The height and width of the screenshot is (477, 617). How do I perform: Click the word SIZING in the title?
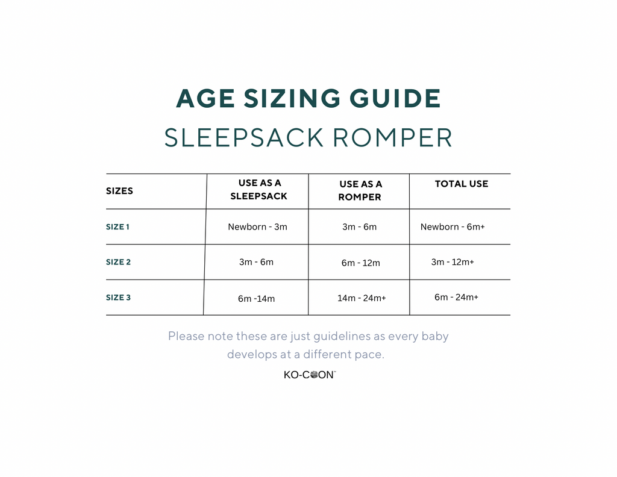tap(292, 98)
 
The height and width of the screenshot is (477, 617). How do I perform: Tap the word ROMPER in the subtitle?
tap(393, 138)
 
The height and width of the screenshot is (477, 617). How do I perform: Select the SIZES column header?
tap(119, 191)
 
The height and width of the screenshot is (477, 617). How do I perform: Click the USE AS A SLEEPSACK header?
tap(259, 190)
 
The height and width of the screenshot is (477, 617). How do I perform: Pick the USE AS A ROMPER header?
tap(360, 190)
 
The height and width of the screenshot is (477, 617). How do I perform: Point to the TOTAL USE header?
tap(461, 184)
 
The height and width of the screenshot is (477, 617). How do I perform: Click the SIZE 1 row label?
tap(117, 227)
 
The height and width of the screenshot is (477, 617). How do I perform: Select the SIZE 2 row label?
tap(118, 262)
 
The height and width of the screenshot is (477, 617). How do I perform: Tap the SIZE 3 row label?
tap(118, 298)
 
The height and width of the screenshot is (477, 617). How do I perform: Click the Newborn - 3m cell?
tap(257, 227)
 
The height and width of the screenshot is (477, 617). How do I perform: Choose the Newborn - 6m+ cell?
tap(453, 227)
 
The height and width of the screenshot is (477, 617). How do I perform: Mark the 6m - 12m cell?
tap(360, 263)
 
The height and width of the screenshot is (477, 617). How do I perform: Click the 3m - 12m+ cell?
tap(453, 262)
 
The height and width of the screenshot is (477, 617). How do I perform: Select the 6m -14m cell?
tap(256, 299)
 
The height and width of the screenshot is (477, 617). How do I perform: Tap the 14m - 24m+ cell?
tap(362, 298)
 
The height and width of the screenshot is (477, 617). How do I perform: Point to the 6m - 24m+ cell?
tap(457, 297)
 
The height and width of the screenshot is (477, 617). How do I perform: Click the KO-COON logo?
tap(310, 375)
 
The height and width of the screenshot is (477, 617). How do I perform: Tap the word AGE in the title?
tap(205, 98)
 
